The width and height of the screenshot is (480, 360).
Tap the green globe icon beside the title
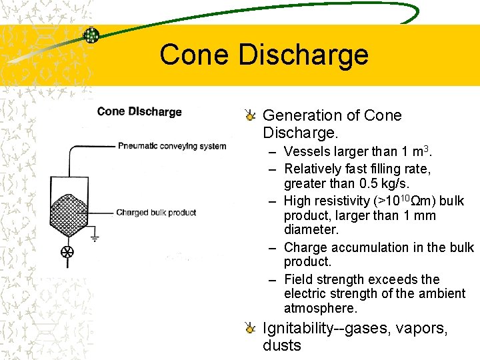click(x=91, y=36)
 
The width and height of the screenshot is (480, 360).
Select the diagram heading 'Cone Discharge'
click(x=139, y=111)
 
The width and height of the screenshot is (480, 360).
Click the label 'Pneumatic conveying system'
click(x=172, y=146)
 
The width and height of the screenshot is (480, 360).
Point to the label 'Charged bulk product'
click(x=156, y=213)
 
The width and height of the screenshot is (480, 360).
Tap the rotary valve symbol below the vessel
click(x=67, y=253)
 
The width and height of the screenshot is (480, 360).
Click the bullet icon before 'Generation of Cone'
click(x=250, y=115)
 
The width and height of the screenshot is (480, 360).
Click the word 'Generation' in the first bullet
click(x=297, y=115)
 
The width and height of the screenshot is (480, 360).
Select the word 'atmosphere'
click(x=320, y=308)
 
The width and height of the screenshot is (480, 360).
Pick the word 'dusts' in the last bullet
click(x=282, y=345)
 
